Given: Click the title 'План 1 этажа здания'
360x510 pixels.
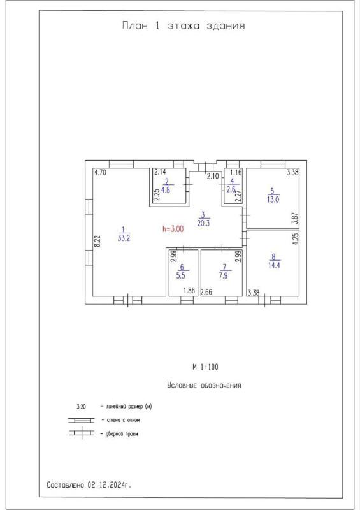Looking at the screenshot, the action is click(x=183, y=25).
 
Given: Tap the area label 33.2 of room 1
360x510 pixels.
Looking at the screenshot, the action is click(x=124, y=238).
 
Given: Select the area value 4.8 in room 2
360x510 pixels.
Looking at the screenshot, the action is click(x=166, y=189).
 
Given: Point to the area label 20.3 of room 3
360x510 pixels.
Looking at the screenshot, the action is click(x=203, y=223).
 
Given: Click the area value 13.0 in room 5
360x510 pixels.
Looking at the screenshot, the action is click(x=273, y=200).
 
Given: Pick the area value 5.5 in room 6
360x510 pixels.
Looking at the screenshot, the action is click(x=182, y=275).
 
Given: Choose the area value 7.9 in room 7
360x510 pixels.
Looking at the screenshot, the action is click(x=224, y=275).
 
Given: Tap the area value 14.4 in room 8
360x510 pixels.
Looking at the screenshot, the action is click(x=274, y=265).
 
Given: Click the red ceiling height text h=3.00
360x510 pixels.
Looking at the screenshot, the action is click(x=173, y=229).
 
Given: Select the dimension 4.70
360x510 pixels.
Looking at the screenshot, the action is click(x=100, y=172).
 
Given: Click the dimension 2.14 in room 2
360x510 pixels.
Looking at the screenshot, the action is click(x=160, y=171).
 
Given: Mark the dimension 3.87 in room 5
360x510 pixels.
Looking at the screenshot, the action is click(x=295, y=218).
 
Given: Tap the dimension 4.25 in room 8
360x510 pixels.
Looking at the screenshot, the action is click(x=296, y=238).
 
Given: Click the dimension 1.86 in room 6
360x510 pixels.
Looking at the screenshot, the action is click(x=189, y=291).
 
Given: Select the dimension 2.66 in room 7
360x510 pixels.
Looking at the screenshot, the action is click(x=206, y=292).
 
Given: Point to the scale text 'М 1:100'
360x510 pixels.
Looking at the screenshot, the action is click(x=206, y=367).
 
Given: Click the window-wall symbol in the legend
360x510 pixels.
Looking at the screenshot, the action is click(x=81, y=420).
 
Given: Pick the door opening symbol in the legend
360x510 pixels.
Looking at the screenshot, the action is click(x=82, y=433).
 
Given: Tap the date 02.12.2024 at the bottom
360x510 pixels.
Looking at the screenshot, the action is click(x=106, y=485).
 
